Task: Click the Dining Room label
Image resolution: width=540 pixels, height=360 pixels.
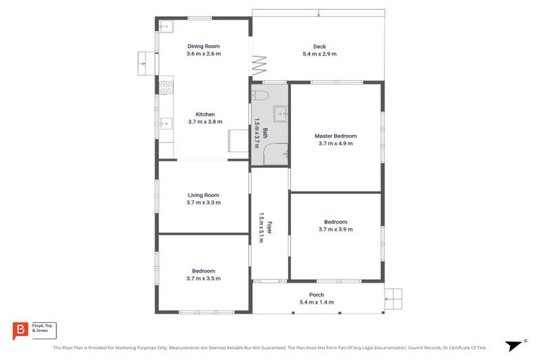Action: (x=203, y=46)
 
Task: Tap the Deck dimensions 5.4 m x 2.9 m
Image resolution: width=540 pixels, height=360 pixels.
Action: (x=319, y=54)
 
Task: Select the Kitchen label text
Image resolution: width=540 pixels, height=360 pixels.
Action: (x=205, y=114)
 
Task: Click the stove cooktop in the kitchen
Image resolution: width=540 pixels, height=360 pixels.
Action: (x=167, y=88)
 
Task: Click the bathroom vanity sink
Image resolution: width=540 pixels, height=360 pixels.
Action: (x=281, y=112)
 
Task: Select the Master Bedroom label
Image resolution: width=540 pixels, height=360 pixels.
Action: (x=335, y=136)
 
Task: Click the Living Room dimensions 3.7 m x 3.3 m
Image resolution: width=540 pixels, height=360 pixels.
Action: (x=203, y=202)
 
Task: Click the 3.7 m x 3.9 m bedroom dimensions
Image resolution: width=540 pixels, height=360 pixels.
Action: (x=335, y=229)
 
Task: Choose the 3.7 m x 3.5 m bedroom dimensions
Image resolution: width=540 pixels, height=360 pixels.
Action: (x=203, y=278)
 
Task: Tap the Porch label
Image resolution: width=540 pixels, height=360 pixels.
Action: (x=316, y=295)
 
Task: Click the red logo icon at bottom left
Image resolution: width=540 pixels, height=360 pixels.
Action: (x=21, y=330)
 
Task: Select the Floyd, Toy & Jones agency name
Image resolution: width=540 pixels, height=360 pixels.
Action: (x=44, y=328)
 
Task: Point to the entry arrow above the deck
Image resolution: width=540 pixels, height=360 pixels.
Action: (x=319, y=13)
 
